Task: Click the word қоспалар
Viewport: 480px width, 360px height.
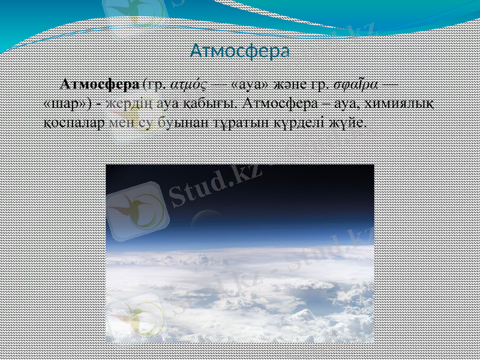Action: [76, 122]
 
